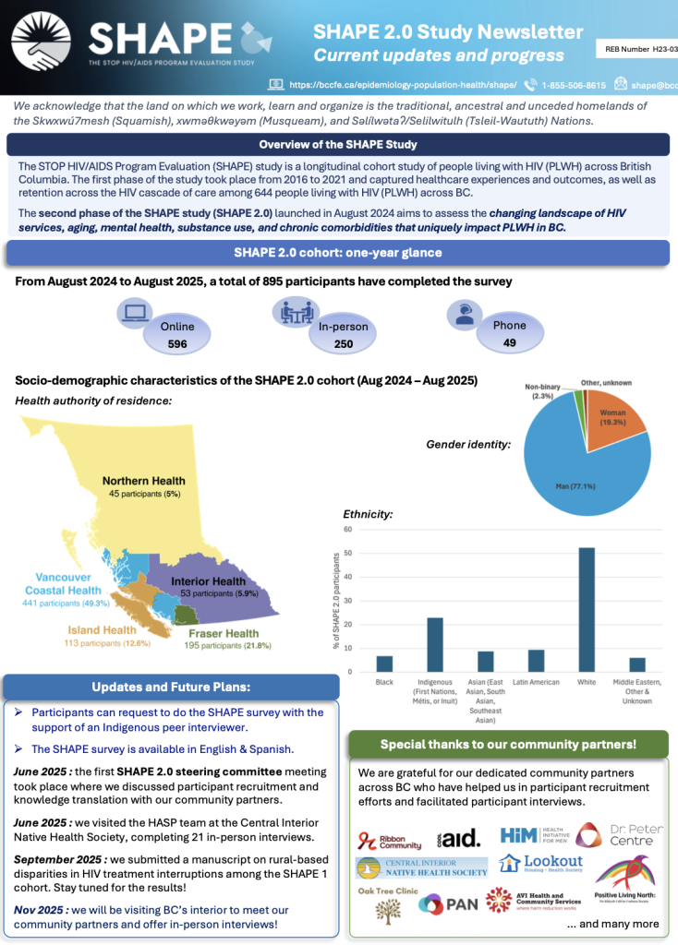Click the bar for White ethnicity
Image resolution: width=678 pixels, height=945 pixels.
[x=587, y=610]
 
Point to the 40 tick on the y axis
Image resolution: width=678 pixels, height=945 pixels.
[x=347, y=577]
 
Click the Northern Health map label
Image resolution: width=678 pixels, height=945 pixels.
[x=143, y=481]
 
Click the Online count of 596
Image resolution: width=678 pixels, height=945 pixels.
[x=176, y=343]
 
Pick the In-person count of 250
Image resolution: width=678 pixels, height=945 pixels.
[x=343, y=343]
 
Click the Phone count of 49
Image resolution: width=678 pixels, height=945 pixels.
[x=509, y=342]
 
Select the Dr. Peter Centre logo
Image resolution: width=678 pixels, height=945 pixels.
[x=620, y=835]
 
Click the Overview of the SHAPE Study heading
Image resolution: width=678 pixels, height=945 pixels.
[x=337, y=145]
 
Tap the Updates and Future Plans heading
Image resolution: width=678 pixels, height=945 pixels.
[x=171, y=687]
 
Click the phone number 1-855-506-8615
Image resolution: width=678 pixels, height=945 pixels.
[x=574, y=84]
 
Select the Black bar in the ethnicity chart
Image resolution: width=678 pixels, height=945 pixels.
[x=384, y=664]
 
